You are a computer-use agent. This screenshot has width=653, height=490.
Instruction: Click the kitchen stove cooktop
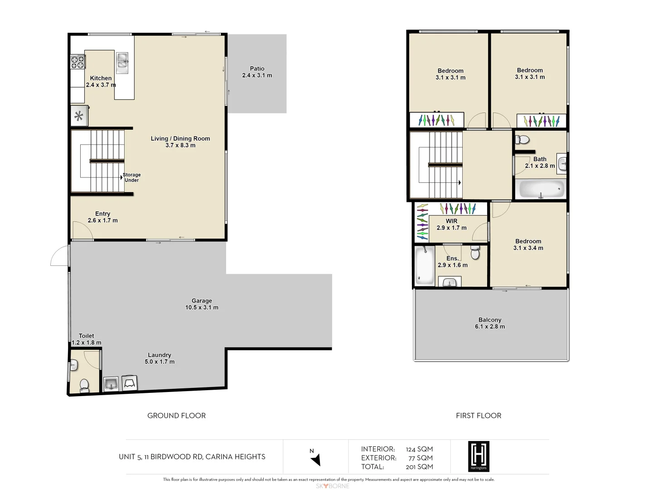(x=77, y=62)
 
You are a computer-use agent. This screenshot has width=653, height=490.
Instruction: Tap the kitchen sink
(x=122, y=63)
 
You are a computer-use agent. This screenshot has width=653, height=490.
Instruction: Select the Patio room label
(x=257, y=69)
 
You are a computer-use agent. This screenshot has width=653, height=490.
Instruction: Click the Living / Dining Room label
(x=180, y=139)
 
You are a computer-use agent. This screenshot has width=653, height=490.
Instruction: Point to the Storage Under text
(x=131, y=177)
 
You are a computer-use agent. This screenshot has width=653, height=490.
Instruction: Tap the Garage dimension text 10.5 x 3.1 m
(x=202, y=308)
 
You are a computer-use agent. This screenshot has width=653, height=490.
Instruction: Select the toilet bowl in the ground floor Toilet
(x=84, y=385)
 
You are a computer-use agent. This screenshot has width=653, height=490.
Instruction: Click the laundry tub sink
(x=111, y=384)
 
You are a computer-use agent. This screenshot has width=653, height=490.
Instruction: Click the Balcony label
(x=490, y=320)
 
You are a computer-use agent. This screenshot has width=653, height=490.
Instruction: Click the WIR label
(x=451, y=221)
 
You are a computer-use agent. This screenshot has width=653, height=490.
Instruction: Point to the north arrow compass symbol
(x=315, y=459)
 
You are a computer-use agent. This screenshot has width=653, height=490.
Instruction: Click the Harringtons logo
(x=479, y=456)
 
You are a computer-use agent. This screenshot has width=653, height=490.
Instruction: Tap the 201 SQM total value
(x=419, y=467)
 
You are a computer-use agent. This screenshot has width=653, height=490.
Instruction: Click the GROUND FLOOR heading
(x=176, y=416)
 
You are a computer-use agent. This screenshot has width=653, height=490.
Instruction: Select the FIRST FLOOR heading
(x=479, y=416)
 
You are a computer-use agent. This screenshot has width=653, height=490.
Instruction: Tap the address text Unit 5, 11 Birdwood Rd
(x=192, y=457)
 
